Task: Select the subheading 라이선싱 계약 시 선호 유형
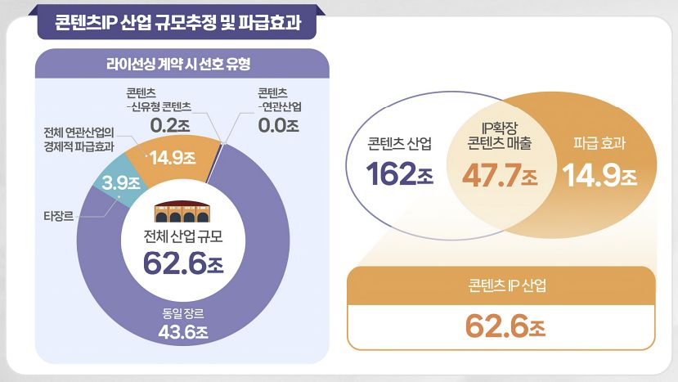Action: point(177,64)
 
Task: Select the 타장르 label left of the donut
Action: point(58,217)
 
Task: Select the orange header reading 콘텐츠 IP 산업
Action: point(501,285)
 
